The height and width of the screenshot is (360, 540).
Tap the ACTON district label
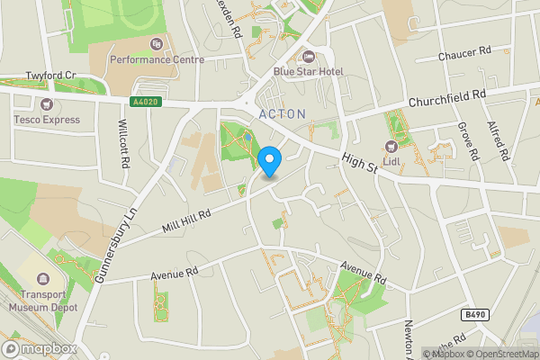[x=283, y=113]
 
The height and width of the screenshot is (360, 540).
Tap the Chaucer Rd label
[x=463, y=55]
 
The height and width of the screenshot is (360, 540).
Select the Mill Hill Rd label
[x=184, y=220]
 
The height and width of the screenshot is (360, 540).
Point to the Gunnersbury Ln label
[x=118, y=243]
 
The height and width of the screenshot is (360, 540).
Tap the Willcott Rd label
[x=123, y=142]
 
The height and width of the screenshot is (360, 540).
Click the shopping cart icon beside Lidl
[x=391, y=146]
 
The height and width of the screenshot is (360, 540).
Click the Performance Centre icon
[x=157, y=44]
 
